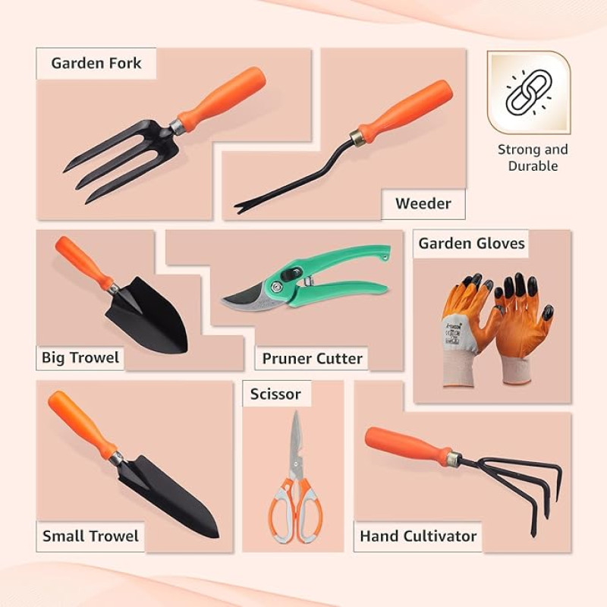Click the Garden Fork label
click(x=96, y=63)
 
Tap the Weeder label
click(x=423, y=203)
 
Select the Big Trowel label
click(x=80, y=357)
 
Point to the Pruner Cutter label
click(x=312, y=358)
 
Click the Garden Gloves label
click(x=471, y=244)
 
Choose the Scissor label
click(x=275, y=394)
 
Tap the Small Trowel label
click(x=90, y=536)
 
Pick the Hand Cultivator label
click(x=418, y=536)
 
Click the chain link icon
click(x=528, y=92)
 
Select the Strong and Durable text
click(x=533, y=158)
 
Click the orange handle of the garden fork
click(x=222, y=100)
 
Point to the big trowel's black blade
click(x=149, y=316)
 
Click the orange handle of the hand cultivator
click(x=408, y=446)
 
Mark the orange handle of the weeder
click(x=405, y=112)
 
